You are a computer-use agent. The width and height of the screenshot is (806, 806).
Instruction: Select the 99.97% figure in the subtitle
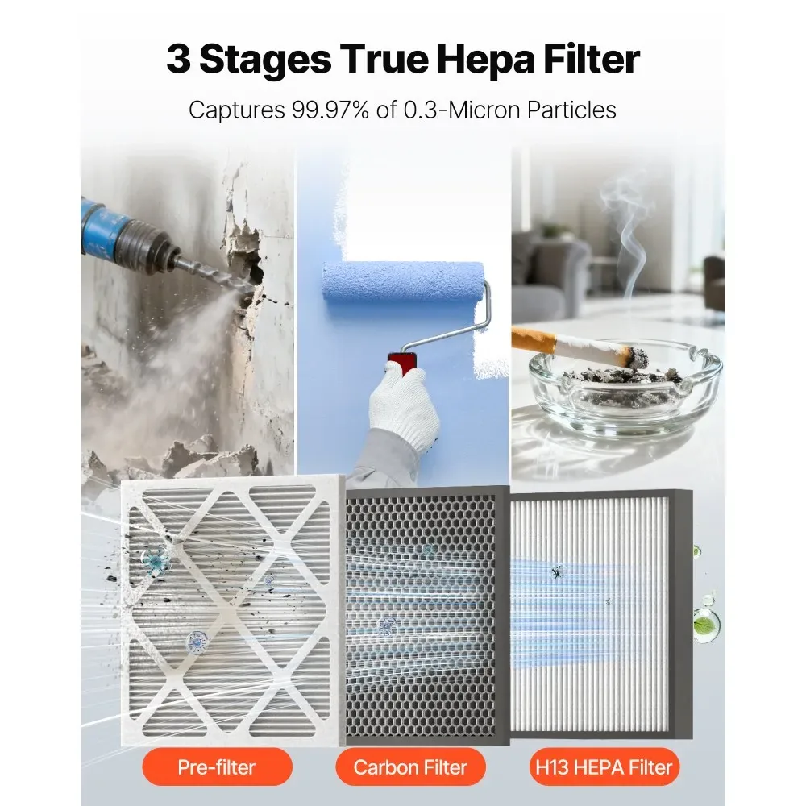[330, 110]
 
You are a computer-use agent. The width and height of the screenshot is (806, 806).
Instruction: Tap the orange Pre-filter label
[217, 767]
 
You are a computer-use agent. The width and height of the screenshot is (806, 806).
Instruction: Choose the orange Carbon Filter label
[410, 767]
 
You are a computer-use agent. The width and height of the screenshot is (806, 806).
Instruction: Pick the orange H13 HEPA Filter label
[604, 767]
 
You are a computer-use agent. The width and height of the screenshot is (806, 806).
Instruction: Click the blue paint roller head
[404, 282]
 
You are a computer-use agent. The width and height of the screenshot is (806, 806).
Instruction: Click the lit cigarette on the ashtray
[574, 346]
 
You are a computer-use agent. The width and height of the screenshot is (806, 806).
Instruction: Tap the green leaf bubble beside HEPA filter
[706, 625]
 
